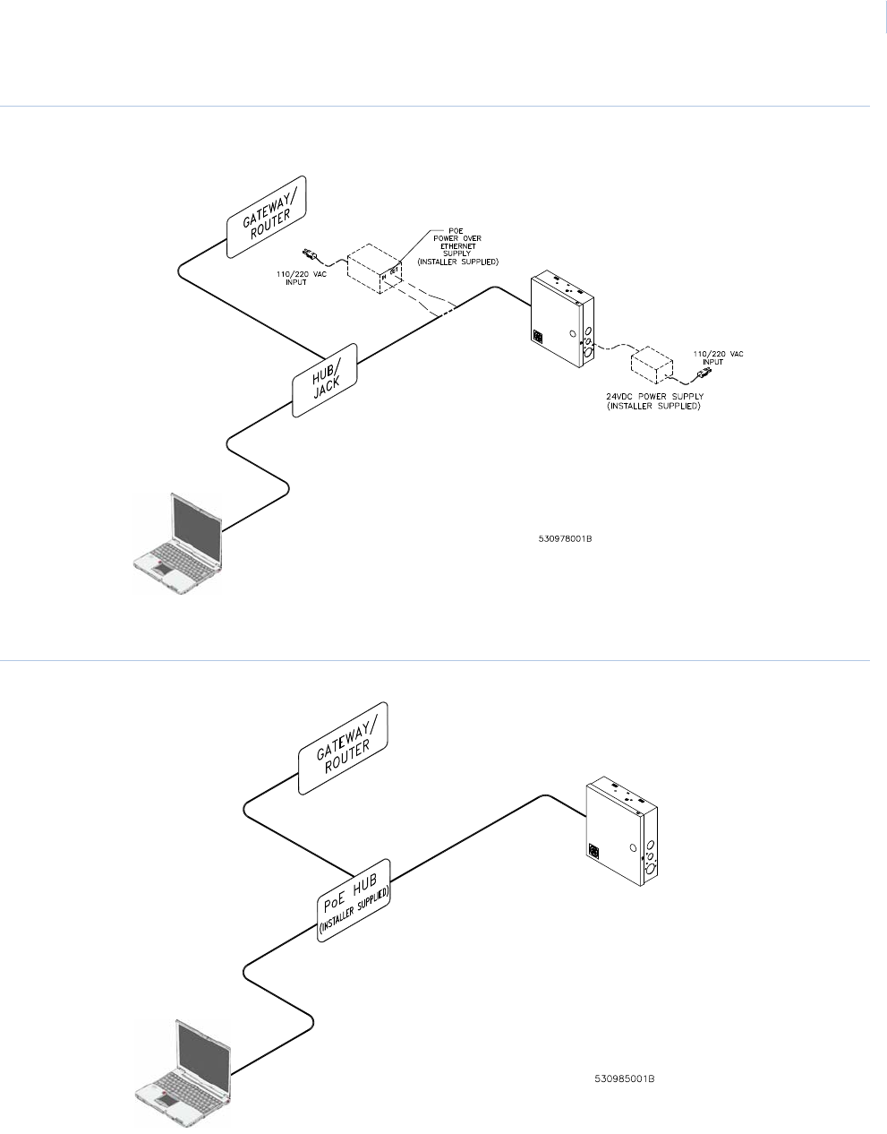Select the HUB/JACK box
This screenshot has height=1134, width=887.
point(325,380)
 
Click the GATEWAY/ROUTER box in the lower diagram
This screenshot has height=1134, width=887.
point(343,746)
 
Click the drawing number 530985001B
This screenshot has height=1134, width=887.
point(626,1078)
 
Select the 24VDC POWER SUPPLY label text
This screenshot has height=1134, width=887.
point(652,400)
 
